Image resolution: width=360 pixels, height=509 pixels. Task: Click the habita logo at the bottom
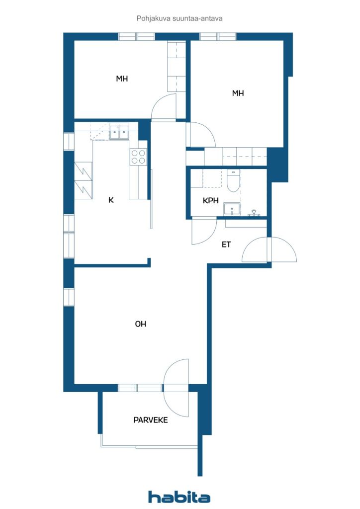(179, 497)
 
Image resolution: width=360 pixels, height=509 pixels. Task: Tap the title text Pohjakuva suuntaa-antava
(179, 18)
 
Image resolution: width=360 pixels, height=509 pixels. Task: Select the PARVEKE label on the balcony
(150, 420)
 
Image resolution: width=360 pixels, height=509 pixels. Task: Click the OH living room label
(141, 324)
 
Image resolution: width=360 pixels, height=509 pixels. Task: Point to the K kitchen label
(111, 200)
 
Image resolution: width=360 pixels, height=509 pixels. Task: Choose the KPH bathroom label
(211, 201)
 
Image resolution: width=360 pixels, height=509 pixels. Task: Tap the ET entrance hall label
(227, 245)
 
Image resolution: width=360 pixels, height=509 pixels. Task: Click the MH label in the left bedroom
(122, 79)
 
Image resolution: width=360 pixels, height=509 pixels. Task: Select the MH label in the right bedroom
(238, 92)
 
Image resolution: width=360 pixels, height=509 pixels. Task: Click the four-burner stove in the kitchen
(138, 157)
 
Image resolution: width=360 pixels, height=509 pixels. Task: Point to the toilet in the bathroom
(233, 181)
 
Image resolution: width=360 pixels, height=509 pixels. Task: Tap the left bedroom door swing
(164, 107)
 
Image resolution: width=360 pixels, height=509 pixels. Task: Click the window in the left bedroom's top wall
(137, 36)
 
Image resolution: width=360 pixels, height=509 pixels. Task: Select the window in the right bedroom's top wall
(218, 36)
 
